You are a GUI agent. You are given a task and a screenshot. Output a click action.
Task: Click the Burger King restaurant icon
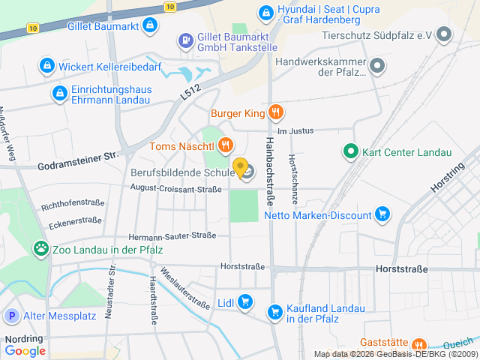[x=276, y=113]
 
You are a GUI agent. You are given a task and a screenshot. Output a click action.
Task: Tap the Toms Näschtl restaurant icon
[x=225, y=145]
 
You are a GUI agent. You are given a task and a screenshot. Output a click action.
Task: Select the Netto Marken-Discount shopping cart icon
[x=382, y=215]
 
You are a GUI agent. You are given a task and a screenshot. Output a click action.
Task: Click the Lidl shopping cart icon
[x=245, y=303]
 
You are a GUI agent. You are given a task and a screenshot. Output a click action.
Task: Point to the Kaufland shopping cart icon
[x=275, y=310]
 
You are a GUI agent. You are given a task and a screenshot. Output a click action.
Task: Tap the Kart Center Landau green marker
[x=349, y=152]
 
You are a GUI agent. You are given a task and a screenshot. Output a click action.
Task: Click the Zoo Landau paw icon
[x=40, y=248]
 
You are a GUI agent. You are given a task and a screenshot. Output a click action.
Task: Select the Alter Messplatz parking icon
[x=11, y=316]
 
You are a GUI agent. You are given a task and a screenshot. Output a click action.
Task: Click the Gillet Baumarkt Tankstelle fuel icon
[x=185, y=40]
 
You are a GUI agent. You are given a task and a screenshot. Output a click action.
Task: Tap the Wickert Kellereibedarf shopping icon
[x=47, y=65]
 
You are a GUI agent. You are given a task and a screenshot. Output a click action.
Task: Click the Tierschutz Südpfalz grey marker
[x=444, y=34]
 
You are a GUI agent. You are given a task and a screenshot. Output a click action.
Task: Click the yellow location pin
[x=240, y=167]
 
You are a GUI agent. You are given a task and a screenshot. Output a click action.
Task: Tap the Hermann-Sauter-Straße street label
[x=172, y=236]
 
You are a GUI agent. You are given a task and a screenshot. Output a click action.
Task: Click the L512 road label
[x=191, y=91]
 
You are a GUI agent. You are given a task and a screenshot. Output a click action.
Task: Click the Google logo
[x=25, y=350]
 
